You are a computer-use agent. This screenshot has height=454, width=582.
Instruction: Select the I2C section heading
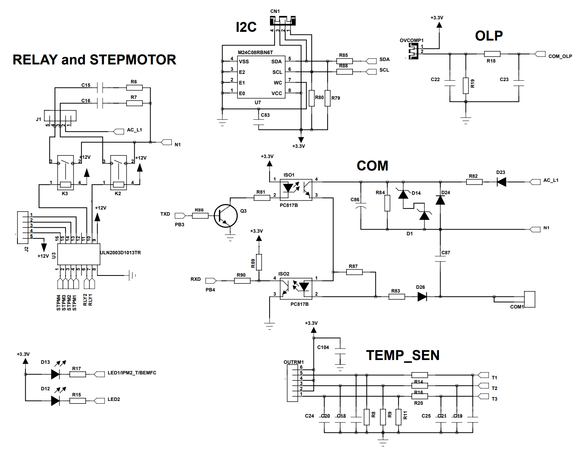pyautogui.click(x=246, y=27)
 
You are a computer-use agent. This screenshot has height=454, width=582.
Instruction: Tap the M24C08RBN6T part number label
pyautogui.click(x=255, y=53)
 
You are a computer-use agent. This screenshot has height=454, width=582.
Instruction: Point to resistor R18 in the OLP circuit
pyautogui.click(x=492, y=54)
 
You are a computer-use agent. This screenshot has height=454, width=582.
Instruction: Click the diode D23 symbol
pyautogui.click(x=501, y=182)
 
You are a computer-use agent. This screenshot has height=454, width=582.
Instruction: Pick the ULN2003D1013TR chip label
pyautogui.click(x=120, y=253)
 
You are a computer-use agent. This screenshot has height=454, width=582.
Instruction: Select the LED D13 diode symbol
pyautogui.click(x=55, y=374)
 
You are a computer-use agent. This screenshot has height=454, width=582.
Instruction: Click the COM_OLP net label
pyautogui.click(x=560, y=56)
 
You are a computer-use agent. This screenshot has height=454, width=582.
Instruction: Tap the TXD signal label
pyautogui.click(x=165, y=214)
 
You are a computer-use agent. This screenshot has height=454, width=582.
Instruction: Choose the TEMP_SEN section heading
pyautogui.click(x=403, y=355)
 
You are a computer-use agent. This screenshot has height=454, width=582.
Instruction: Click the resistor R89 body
pyautogui.click(x=259, y=262)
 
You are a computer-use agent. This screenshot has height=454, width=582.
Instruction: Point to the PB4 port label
pyautogui.click(x=210, y=290)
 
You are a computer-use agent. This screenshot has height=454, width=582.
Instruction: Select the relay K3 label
pyautogui.click(x=65, y=194)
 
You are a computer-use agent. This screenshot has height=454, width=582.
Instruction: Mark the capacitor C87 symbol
pyautogui.click(x=440, y=259)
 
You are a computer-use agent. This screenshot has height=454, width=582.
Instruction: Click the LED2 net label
pyautogui.click(x=114, y=399)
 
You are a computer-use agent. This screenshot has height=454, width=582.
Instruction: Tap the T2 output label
pyautogui.click(x=494, y=388)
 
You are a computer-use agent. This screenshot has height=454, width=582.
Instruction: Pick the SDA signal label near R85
pyautogui.click(x=384, y=59)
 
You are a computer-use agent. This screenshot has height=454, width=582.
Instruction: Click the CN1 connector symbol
pyautogui.click(x=283, y=21)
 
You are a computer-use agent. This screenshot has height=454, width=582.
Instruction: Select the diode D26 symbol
pyautogui.click(x=422, y=296)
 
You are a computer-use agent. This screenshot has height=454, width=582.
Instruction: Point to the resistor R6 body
pyautogui.click(x=134, y=88)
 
